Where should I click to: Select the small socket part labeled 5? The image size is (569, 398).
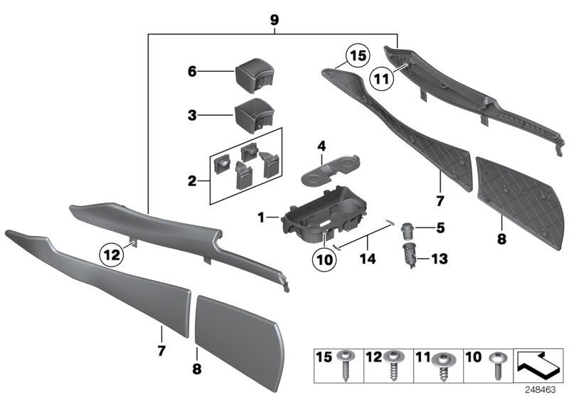pyautogui.click(x=408, y=229)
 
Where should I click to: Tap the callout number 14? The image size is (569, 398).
pyautogui.click(x=368, y=242)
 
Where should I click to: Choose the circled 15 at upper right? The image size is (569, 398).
pyautogui.click(x=358, y=55)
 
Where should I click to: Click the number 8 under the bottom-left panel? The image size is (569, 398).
pyautogui.click(x=197, y=369)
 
